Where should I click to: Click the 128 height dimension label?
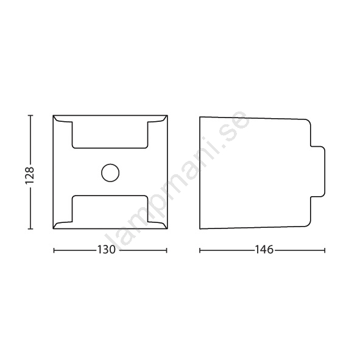click(30, 175)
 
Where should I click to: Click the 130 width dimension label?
click(107, 250)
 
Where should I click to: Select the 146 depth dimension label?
click(264, 250)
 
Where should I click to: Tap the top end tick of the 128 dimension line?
click(30, 116)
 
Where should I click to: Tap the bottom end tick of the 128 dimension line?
click(30, 229)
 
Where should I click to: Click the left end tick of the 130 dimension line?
click(54, 250)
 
